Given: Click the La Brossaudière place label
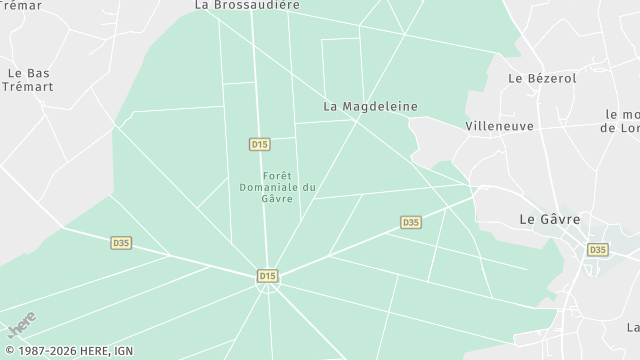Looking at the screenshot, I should [x=247, y=5].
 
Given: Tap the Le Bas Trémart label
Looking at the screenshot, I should [x=29, y=80].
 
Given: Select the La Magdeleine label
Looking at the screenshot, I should [x=370, y=106].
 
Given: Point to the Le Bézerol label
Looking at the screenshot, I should [x=542, y=78].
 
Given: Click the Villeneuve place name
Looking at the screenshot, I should [x=499, y=127].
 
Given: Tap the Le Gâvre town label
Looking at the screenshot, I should [x=550, y=219].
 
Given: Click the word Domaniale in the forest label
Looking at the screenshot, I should [x=269, y=187].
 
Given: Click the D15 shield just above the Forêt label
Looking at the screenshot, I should [x=260, y=145].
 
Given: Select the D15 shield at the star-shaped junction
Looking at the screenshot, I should [x=267, y=276].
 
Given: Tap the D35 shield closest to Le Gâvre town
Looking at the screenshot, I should [x=597, y=249].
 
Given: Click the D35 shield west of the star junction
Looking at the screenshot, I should [x=121, y=242].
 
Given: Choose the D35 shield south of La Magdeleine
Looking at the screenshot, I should [x=410, y=222].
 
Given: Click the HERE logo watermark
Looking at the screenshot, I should [x=21, y=325].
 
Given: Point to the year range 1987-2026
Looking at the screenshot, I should [x=51, y=351].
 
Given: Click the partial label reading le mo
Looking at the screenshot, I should [x=622, y=115].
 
